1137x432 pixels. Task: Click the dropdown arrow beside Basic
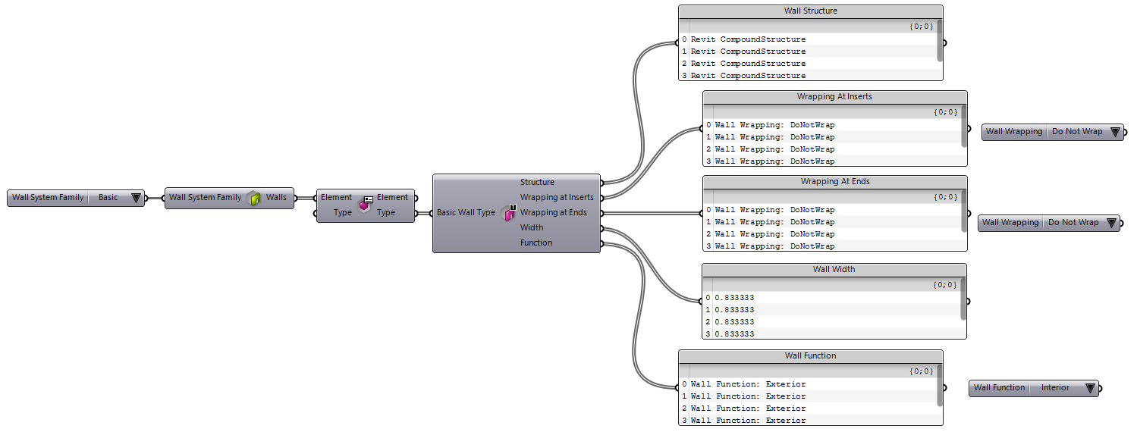click(x=136, y=198)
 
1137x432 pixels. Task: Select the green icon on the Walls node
click(x=255, y=199)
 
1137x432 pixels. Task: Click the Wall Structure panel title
click(x=810, y=11)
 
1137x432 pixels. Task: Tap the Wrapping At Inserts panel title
click(x=834, y=97)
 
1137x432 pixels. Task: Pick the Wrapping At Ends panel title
click(x=834, y=182)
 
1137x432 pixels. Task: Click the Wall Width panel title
click(x=834, y=269)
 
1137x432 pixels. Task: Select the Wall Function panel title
click(x=810, y=355)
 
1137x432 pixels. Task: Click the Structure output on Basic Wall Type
click(x=537, y=182)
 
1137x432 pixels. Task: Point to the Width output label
click(x=532, y=227)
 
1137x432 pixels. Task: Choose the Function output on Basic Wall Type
click(x=536, y=243)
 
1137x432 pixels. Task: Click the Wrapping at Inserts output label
click(x=557, y=197)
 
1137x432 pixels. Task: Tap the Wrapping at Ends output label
click(x=553, y=212)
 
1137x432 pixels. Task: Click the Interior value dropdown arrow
click(x=1090, y=388)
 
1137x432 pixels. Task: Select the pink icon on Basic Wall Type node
click(x=510, y=214)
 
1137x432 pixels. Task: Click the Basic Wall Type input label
click(x=466, y=213)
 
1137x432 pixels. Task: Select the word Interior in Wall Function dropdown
click(x=1054, y=388)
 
